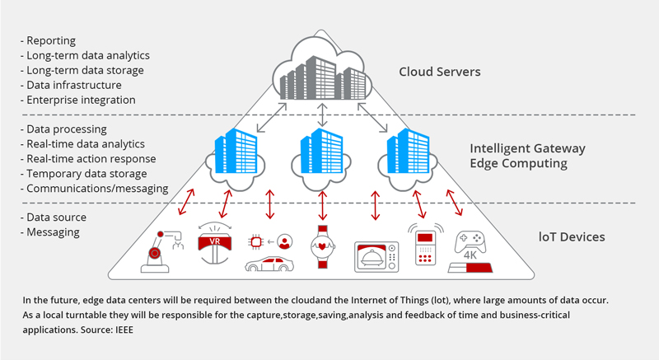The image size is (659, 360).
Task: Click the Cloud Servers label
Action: [439, 72]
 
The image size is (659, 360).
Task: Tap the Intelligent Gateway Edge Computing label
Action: [527, 156]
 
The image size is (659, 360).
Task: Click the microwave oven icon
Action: [376, 256]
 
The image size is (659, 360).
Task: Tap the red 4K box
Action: [469, 268]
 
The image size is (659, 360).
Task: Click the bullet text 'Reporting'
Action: [50, 40]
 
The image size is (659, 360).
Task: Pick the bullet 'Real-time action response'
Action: [90, 159]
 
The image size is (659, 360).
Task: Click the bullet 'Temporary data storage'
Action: [86, 174]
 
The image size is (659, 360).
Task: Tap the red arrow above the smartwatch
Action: [320, 205]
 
